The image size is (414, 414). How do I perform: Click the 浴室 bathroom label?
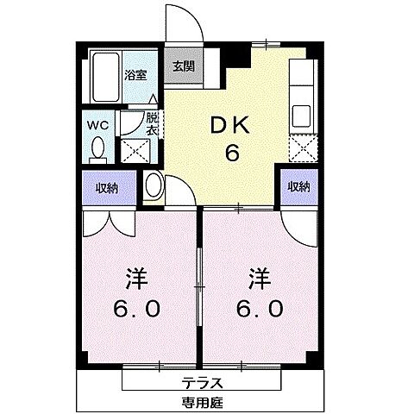pos(135,75)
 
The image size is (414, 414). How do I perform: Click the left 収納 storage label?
pos(107,187)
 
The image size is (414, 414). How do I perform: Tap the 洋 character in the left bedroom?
pos(135,281)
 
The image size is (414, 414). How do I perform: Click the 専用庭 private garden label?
pos(204,402)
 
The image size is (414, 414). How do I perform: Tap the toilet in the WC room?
pos(97,149)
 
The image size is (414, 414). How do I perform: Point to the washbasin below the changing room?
pos(153,185)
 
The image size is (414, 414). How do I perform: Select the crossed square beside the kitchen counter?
pos(304,151)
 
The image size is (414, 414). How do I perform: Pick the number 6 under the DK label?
pos(231,154)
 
